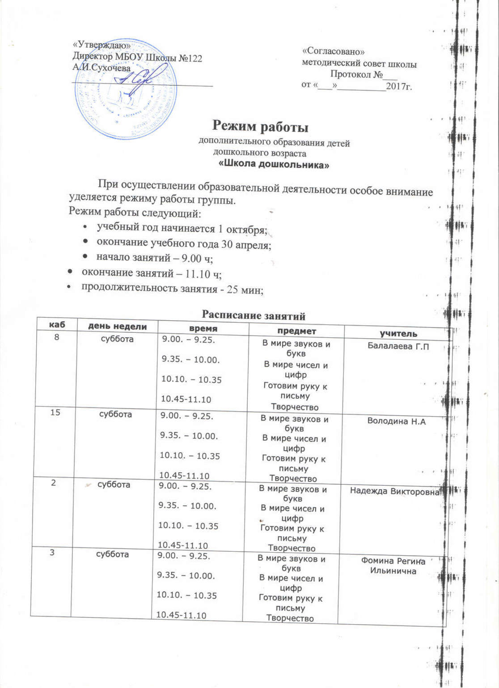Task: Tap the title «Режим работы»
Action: point(260,127)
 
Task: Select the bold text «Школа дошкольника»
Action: point(274,165)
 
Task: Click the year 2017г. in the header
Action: point(398,86)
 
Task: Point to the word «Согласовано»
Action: point(334,52)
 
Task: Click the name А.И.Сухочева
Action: point(101,68)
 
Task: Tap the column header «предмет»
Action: point(296,331)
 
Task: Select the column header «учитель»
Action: point(398,333)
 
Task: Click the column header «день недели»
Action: point(118,327)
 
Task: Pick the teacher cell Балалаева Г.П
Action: point(398,345)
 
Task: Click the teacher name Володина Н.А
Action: point(396,421)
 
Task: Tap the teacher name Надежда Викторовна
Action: point(395,491)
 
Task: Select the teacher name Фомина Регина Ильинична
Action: point(393,566)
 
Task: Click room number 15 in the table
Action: point(55,412)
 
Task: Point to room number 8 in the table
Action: point(56,337)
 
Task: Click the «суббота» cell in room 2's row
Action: point(114,484)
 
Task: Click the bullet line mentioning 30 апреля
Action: point(184,244)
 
